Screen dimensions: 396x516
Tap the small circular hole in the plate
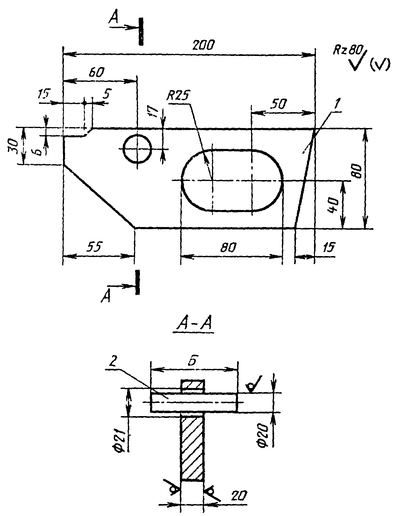[x=137, y=149]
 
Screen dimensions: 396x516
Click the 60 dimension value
[x=97, y=72]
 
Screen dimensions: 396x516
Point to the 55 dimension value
[x=95, y=247]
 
